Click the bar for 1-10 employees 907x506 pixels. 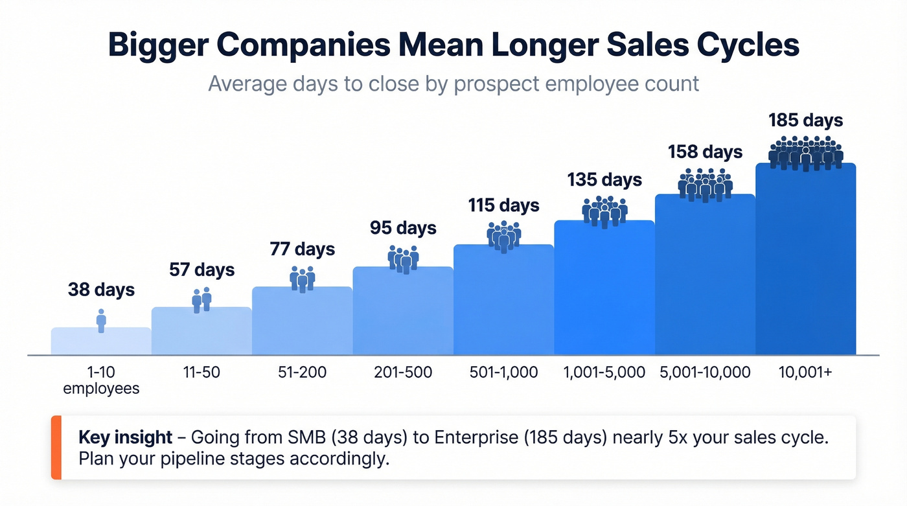coord(101,342)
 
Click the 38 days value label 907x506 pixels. coord(101,290)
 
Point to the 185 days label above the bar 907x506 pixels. coord(805,121)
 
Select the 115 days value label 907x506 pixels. coord(503,206)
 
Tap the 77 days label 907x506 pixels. coord(302,249)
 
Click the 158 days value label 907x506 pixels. coord(705,152)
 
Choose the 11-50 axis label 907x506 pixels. coord(201,373)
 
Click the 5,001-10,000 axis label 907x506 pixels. coord(705,373)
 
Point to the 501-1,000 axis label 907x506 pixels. coord(503,373)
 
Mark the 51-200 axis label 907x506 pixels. coord(302,373)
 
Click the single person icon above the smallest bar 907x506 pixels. coord(101,320)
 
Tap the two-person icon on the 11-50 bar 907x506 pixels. coord(201,300)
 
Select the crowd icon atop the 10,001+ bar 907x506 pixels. coord(805,153)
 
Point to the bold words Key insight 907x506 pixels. coord(125,437)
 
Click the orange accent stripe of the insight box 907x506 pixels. coord(56,447)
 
